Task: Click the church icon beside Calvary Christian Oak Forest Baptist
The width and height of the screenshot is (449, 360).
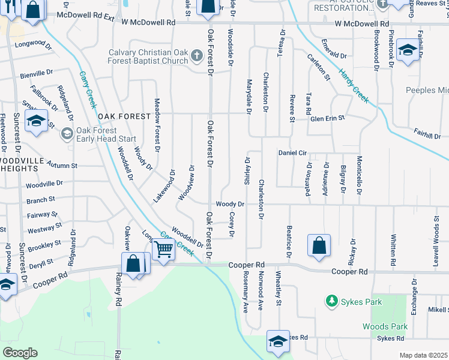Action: tap(196, 57)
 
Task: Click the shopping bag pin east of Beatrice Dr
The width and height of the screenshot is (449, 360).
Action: tap(319, 245)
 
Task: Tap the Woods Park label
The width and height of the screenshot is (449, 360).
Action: tap(385, 326)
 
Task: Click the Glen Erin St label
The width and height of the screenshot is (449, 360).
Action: tap(327, 119)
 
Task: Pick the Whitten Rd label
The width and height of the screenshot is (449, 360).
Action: tap(393, 250)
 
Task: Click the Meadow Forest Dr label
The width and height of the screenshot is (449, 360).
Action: tap(157, 124)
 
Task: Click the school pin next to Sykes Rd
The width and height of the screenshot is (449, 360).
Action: tap(277, 341)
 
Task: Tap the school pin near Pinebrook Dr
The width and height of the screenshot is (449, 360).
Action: tap(407, 51)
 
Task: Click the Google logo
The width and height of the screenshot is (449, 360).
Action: tap(20, 353)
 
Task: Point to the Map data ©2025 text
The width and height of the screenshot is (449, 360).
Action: tap(423, 355)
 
